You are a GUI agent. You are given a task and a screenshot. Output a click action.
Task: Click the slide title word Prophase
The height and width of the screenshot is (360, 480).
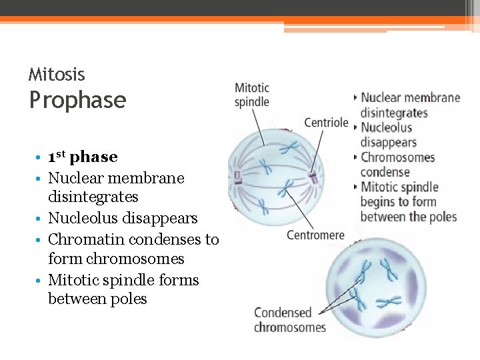(x=77, y=100)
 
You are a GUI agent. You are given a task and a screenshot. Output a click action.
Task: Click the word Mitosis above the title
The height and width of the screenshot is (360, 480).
(x=57, y=75)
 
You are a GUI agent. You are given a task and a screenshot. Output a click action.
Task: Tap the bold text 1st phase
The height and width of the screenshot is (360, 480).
(x=83, y=157)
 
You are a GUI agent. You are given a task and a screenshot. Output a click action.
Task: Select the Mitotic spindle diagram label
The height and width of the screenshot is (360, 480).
(x=252, y=95)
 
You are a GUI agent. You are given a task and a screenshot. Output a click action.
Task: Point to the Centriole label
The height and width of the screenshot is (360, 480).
(x=326, y=123)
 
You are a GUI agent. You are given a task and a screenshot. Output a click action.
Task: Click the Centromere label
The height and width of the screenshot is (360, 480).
(x=315, y=235)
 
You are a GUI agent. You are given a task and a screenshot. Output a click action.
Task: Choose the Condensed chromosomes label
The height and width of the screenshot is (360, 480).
(x=289, y=320)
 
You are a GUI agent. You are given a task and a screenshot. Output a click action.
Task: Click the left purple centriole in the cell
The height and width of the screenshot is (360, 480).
(x=237, y=177)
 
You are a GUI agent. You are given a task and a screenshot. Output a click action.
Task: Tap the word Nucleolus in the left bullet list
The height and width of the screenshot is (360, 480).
(x=84, y=219)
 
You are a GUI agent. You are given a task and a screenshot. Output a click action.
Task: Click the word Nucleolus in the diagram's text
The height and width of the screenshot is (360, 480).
(x=386, y=128)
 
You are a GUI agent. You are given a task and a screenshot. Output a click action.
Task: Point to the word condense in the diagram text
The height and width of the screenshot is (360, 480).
(x=385, y=172)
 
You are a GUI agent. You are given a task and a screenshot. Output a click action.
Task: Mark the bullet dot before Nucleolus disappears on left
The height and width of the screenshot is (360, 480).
(x=41, y=219)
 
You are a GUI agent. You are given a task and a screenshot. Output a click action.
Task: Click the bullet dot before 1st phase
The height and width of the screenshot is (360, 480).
(x=41, y=158)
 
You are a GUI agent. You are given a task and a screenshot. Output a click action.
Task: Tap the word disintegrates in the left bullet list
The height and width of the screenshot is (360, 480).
(x=93, y=197)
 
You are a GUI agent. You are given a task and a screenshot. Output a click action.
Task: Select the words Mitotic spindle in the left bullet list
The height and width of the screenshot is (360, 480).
(x=99, y=280)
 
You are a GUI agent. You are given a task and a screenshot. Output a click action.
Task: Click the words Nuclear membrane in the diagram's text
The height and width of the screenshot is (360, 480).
(x=410, y=98)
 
